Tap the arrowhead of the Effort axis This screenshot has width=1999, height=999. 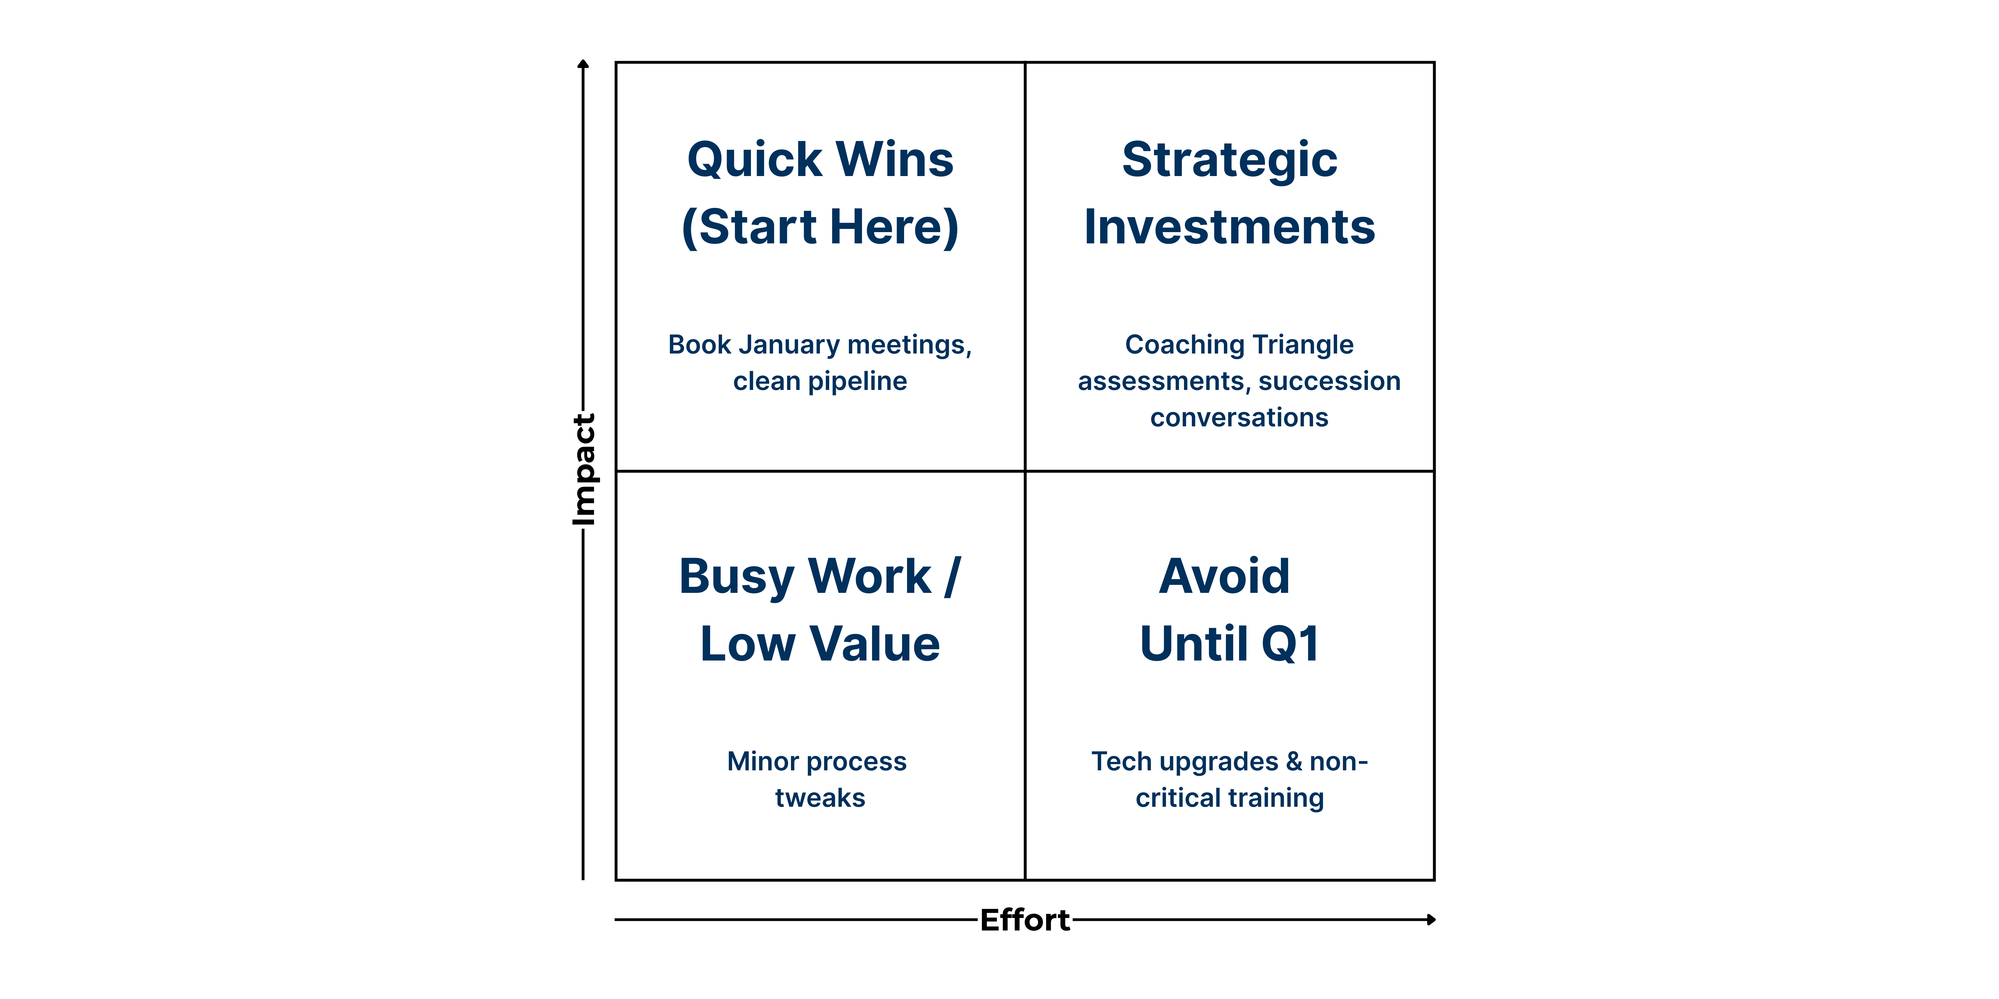pyautogui.click(x=1432, y=920)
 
